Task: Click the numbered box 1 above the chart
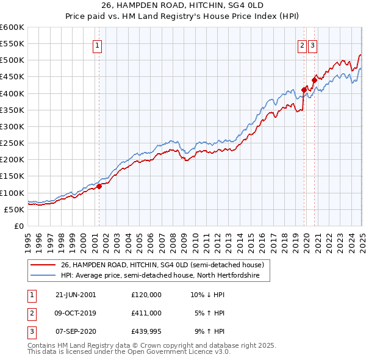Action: [98, 44]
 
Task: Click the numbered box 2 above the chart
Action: [302, 44]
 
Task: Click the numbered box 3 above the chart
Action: [312, 44]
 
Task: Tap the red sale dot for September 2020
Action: [315, 79]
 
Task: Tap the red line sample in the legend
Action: [43, 265]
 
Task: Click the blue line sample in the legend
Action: [43, 276]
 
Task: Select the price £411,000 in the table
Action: [146, 313]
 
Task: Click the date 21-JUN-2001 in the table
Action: [76, 294]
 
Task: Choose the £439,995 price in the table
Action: [146, 331]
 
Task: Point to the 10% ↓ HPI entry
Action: [207, 294]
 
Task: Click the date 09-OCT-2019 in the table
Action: [76, 313]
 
